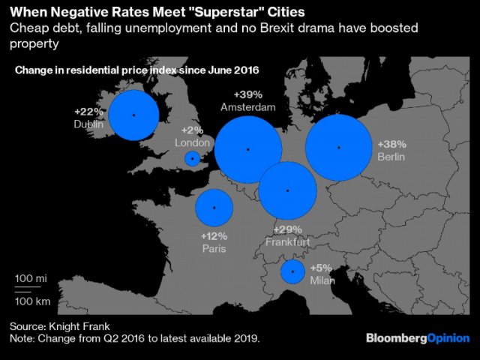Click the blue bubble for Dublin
[x=133, y=115]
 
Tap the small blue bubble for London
[x=193, y=158]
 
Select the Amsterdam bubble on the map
[x=247, y=148]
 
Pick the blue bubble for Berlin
[x=339, y=148]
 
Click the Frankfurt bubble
[x=288, y=190]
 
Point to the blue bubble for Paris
[x=214, y=208]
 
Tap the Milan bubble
[x=292, y=271]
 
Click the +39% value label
[x=247, y=95]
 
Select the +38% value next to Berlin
[x=391, y=144]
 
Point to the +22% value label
[x=88, y=112]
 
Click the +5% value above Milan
[x=320, y=267]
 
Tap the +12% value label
[x=214, y=235]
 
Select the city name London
[x=189, y=142]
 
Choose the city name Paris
[x=214, y=248]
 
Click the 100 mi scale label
[x=31, y=278]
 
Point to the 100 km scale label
[x=32, y=301]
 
